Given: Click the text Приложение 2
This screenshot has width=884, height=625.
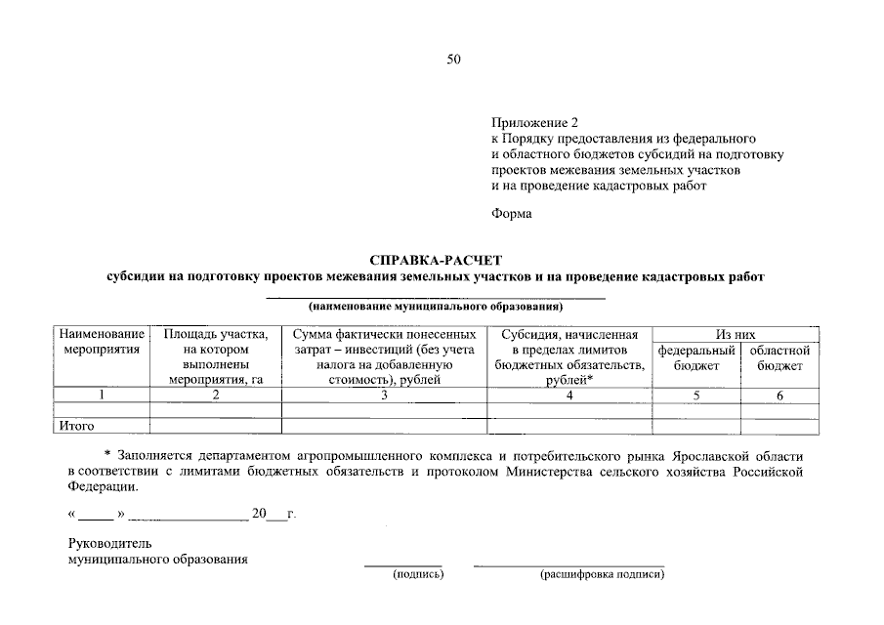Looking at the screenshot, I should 534,123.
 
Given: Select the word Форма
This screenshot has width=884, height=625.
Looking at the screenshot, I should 511,214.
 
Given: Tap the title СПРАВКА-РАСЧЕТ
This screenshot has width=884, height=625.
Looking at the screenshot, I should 436,261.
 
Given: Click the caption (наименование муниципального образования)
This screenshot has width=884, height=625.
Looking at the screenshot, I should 436,306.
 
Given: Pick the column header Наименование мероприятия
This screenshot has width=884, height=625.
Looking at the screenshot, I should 101,342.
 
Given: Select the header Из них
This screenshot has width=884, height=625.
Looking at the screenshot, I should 736,335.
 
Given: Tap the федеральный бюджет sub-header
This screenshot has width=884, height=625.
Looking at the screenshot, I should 696,357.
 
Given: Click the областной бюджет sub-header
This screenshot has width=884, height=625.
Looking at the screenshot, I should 779,357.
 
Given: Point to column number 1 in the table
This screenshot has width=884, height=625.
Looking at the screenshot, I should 101,395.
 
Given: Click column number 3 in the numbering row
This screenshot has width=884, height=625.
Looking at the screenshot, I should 384,395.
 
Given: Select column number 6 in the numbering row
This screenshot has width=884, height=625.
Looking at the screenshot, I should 779,395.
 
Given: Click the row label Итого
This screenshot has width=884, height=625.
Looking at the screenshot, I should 76,426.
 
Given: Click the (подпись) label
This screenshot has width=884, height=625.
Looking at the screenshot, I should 418,575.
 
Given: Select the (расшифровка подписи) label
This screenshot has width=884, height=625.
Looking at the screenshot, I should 602,575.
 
